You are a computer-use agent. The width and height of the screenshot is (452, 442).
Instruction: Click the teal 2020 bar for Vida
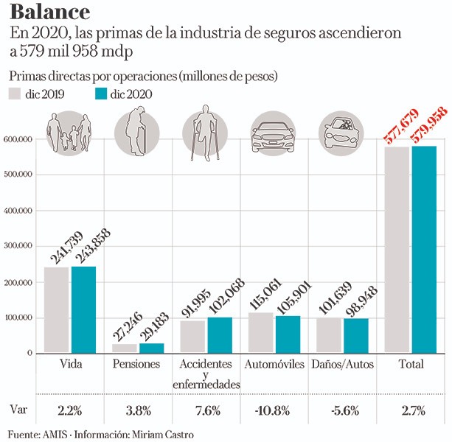[83, 309]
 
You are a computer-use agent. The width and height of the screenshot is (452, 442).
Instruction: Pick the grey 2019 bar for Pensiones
[125, 348]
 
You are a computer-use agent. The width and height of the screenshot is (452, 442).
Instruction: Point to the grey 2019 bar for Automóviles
[260, 333]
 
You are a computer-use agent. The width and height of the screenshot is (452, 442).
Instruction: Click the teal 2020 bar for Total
[424, 250]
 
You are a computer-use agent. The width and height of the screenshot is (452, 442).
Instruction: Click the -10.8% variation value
[274, 409]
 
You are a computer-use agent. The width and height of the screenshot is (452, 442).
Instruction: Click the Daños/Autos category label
[343, 365]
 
